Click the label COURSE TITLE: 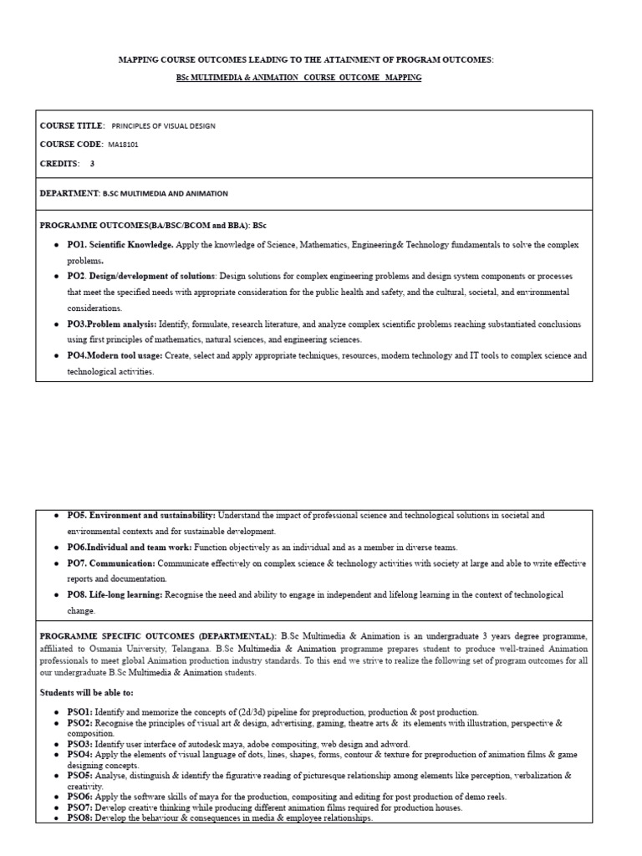pyautogui.click(x=73, y=125)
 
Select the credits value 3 pyautogui.click(x=92, y=164)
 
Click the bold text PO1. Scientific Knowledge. pyautogui.click(x=120, y=245)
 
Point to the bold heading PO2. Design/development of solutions pyautogui.click(x=141, y=276)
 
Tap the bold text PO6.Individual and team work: pyautogui.click(x=130, y=547)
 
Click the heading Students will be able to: pyautogui.click(x=86, y=692)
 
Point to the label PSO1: pyautogui.click(x=80, y=711)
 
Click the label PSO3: pyautogui.click(x=80, y=743)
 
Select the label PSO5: pyautogui.click(x=80, y=776)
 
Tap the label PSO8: pyautogui.click(x=80, y=818)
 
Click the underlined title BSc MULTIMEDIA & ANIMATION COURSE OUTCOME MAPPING pyautogui.click(x=298, y=78)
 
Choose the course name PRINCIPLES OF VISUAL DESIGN pyautogui.click(x=163, y=126)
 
